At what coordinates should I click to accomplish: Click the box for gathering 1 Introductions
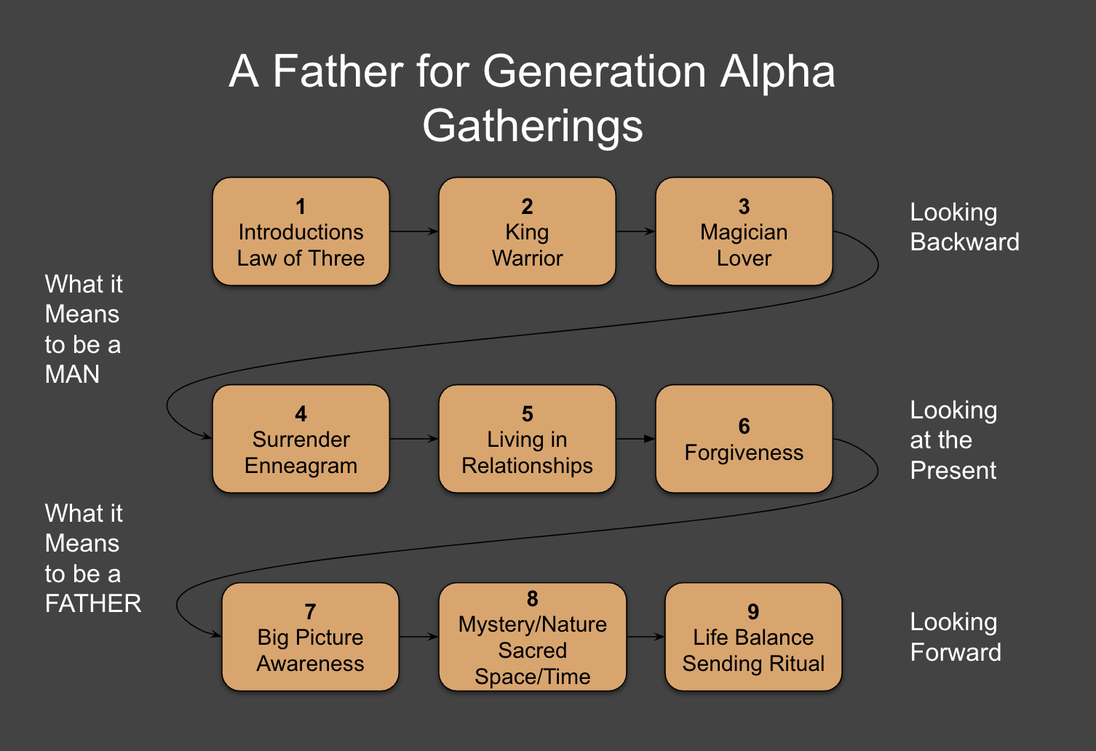[x=301, y=231]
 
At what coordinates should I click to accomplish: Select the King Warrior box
[x=527, y=231]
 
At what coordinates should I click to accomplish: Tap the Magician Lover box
[x=744, y=231]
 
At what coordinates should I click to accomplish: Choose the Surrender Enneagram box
[x=301, y=439]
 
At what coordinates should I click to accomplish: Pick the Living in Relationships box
[x=527, y=439]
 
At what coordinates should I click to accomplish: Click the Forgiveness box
[x=744, y=439]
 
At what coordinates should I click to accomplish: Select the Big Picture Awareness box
[x=310, y=637]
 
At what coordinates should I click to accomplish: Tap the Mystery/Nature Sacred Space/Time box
[x=532, y=637]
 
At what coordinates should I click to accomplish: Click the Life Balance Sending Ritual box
[x=753, y=637]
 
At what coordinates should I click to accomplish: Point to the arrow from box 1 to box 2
[x=413, y=231]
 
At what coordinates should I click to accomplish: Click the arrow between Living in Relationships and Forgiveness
[x=635, y=439]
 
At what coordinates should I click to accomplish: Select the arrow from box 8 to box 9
[x=646, y=637]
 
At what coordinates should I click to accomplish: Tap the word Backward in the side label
[x=964, y=242]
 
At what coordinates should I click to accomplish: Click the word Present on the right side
[x=953, y=471]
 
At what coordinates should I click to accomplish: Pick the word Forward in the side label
[x=956, y=653]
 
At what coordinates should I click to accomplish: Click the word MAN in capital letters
[x=72, y=375]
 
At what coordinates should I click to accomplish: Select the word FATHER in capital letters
[x=93, y=604]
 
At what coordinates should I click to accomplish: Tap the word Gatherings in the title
[x=533, y=126]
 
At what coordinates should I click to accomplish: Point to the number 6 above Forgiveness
[x=744, y=426]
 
